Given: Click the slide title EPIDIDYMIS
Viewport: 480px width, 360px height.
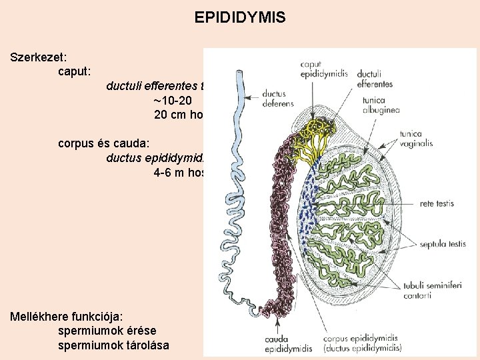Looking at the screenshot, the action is pyautogui.click(x=240, y=17).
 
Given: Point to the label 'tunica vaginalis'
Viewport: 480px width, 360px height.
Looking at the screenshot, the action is pyautogui.click(x=415, y=138).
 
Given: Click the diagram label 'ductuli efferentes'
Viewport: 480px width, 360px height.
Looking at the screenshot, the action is pyautogui.click(x=375, y=79).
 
